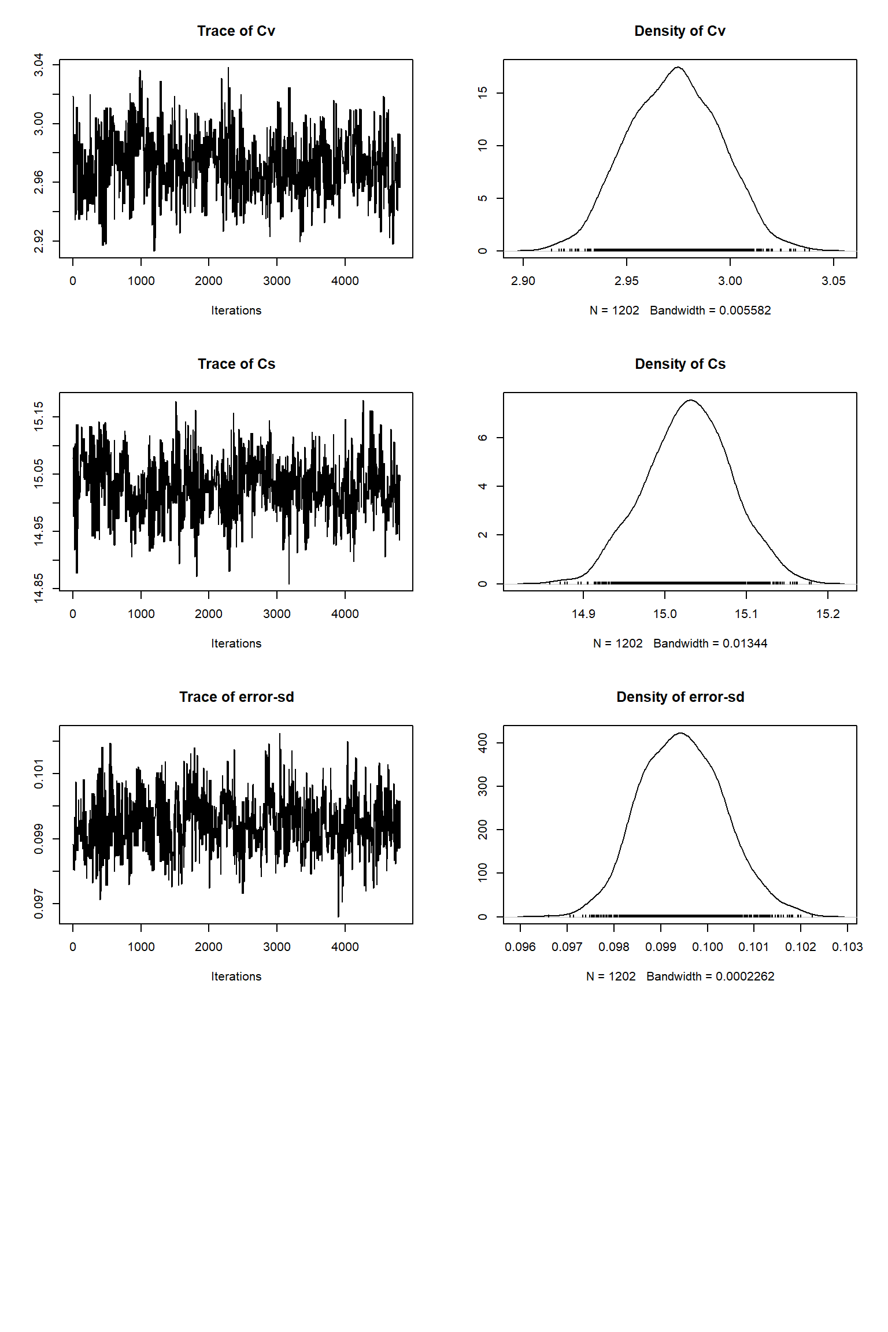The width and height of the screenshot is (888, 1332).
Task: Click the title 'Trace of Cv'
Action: [236, 31]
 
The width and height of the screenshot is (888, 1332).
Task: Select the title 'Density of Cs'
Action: [680, 364]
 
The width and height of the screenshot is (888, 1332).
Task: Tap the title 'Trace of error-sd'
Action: [236, 697]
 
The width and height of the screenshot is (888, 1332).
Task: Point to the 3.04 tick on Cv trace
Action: [39, 65]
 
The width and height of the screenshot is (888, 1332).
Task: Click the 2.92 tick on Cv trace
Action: [39, 241]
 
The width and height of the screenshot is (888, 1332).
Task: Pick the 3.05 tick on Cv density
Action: [833, 281]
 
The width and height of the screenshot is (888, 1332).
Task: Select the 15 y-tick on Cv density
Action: [483, 92]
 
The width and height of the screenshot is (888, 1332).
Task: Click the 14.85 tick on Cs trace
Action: [39, 588]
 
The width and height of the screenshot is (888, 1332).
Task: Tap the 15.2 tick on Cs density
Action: [827, 614]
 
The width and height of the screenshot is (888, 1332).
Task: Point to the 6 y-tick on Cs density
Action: [483, 438]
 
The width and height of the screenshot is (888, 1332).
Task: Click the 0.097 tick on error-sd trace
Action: [39, 904]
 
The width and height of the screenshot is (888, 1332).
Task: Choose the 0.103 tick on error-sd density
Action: [847, 947]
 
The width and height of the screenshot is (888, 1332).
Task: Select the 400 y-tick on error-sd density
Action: [483, 743]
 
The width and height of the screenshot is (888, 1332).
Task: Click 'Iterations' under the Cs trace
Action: [236, 643]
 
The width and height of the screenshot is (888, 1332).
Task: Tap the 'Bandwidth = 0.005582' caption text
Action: [710, 310]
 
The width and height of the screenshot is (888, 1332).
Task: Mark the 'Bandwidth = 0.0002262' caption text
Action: [710, 976]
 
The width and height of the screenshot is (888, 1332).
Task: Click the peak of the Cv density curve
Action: [678, 68]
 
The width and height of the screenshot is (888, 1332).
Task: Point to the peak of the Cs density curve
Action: [690, 400]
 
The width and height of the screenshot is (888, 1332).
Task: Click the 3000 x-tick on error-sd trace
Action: [276, 947]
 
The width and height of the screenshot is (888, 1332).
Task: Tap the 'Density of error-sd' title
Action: [680, 697]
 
